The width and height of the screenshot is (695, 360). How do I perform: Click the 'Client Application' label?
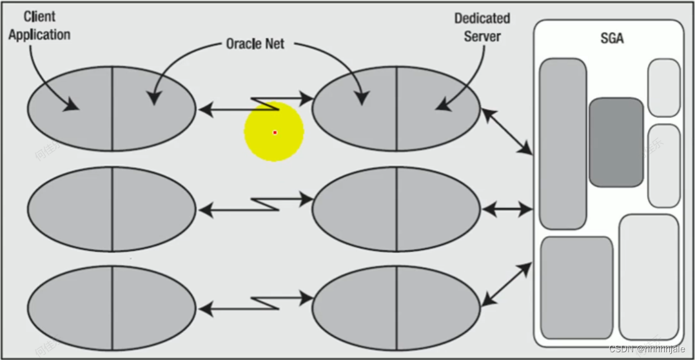tap(39, 25)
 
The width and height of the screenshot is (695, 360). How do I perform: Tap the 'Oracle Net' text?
tap(255, 44)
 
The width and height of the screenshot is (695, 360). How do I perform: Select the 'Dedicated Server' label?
tap(482, 27)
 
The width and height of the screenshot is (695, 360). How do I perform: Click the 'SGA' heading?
tap(611, 39)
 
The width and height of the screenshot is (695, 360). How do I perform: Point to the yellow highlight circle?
tap(274, 132)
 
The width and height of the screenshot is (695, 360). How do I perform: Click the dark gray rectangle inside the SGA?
tap(616, 143)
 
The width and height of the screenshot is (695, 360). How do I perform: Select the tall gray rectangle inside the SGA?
tap(563, 143)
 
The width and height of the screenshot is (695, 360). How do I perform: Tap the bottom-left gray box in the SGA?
tap(576, 288)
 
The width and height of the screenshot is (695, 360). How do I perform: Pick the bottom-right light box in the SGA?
tap(649, 277)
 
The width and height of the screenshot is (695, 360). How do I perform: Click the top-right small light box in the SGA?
tap(663, 88)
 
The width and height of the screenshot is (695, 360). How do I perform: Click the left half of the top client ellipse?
tap(70, 108)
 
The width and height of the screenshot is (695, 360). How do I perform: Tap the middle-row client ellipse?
tap(112, 209)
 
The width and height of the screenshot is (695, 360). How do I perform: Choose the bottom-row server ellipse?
tap(396, 308)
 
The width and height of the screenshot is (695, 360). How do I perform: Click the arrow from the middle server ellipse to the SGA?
tap(507, 209)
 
